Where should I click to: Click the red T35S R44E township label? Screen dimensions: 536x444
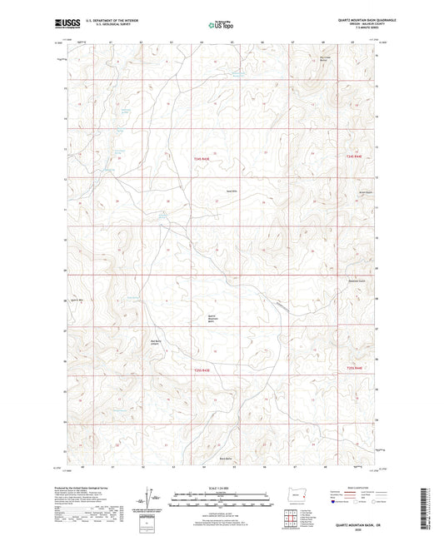pyautogui.click(x=355, y=369)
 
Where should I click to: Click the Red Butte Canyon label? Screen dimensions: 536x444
pyautogui.click(x=157, y=342)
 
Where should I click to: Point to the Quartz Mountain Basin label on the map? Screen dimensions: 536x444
pyautogui.click(x=215, y=319)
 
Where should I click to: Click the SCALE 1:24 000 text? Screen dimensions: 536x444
pyautogui.click(x=221, y=489)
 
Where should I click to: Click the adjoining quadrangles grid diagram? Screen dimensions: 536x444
pyautogui.click(x=288, y=519)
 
